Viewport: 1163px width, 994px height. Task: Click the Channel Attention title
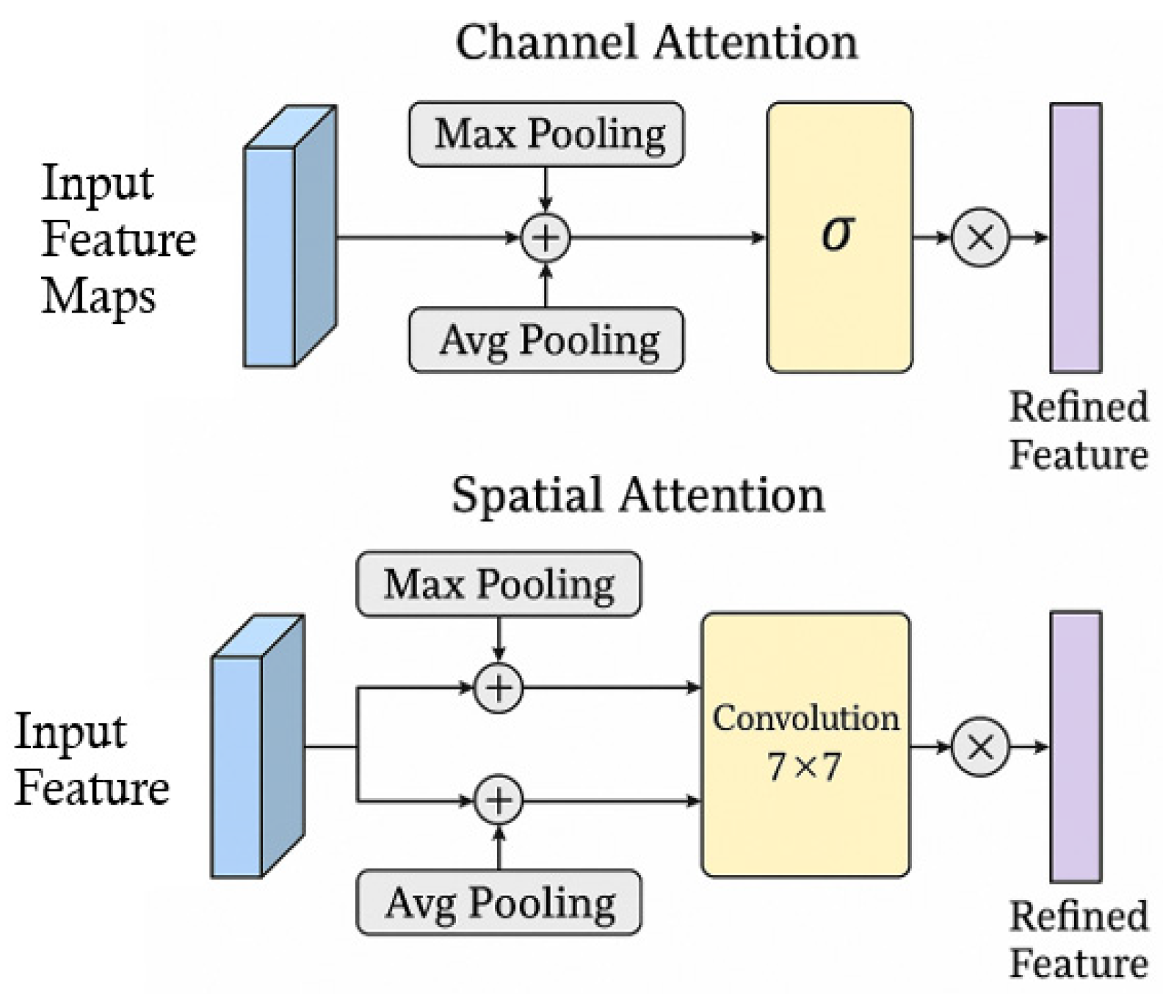(x=656, y=43)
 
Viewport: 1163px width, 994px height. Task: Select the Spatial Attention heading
(x=637, y=494)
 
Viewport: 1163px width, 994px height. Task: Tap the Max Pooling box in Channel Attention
(x=546, y=134)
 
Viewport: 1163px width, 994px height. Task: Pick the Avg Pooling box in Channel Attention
(x=546, y=340)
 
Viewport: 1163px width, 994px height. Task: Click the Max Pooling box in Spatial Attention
(x=499, y=585)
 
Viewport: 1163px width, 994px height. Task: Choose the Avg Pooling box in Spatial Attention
(x=499, y=902)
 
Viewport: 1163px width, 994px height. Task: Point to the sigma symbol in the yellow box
(x=837, y=233)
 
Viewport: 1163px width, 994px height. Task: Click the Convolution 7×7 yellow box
(x=805, y=744)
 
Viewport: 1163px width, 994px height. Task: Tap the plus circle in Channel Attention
(x=546, y=238)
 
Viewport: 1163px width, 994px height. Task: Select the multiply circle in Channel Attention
(x=980, y=238)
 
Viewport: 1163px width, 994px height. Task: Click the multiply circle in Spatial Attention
(x=980, y=748)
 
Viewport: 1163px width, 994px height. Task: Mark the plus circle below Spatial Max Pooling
(x=499, y=688)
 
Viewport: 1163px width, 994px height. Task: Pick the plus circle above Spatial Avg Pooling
(x=499, y=800)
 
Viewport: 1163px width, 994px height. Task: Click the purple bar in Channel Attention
(x=1076, y=238)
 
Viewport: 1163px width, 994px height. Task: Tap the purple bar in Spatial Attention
(x=1076, y=746)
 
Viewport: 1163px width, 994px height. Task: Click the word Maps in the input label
(x=98, y=297)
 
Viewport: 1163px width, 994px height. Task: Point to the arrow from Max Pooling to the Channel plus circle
(x=545, y=189)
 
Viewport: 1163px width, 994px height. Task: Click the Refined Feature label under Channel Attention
(x=1078, y=431)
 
